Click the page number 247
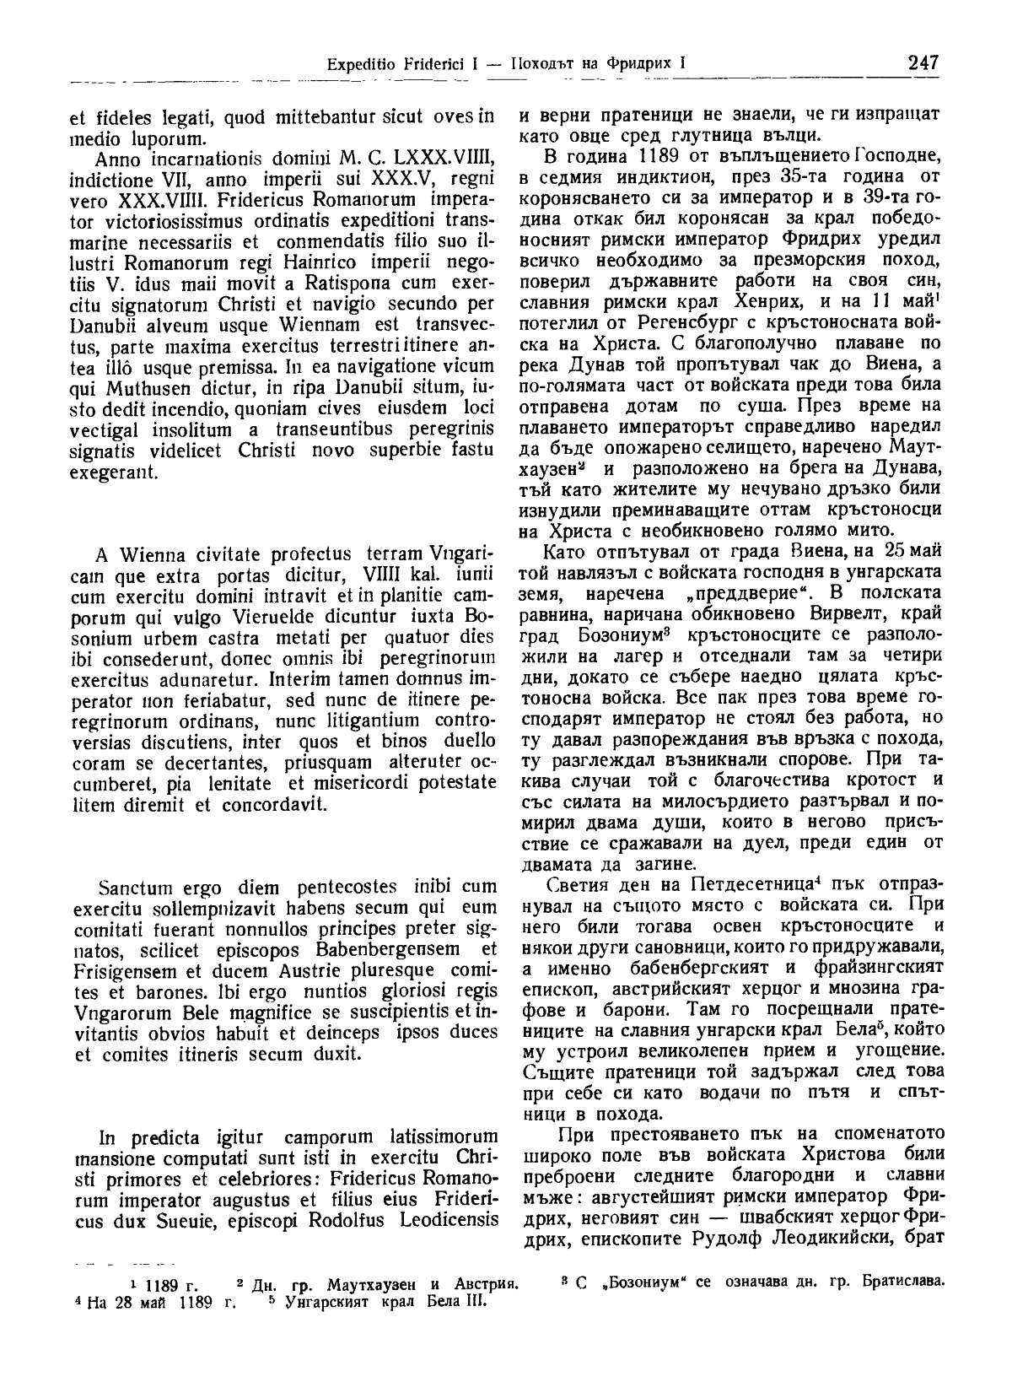click(923, 63)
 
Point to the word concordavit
click(261, 802)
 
